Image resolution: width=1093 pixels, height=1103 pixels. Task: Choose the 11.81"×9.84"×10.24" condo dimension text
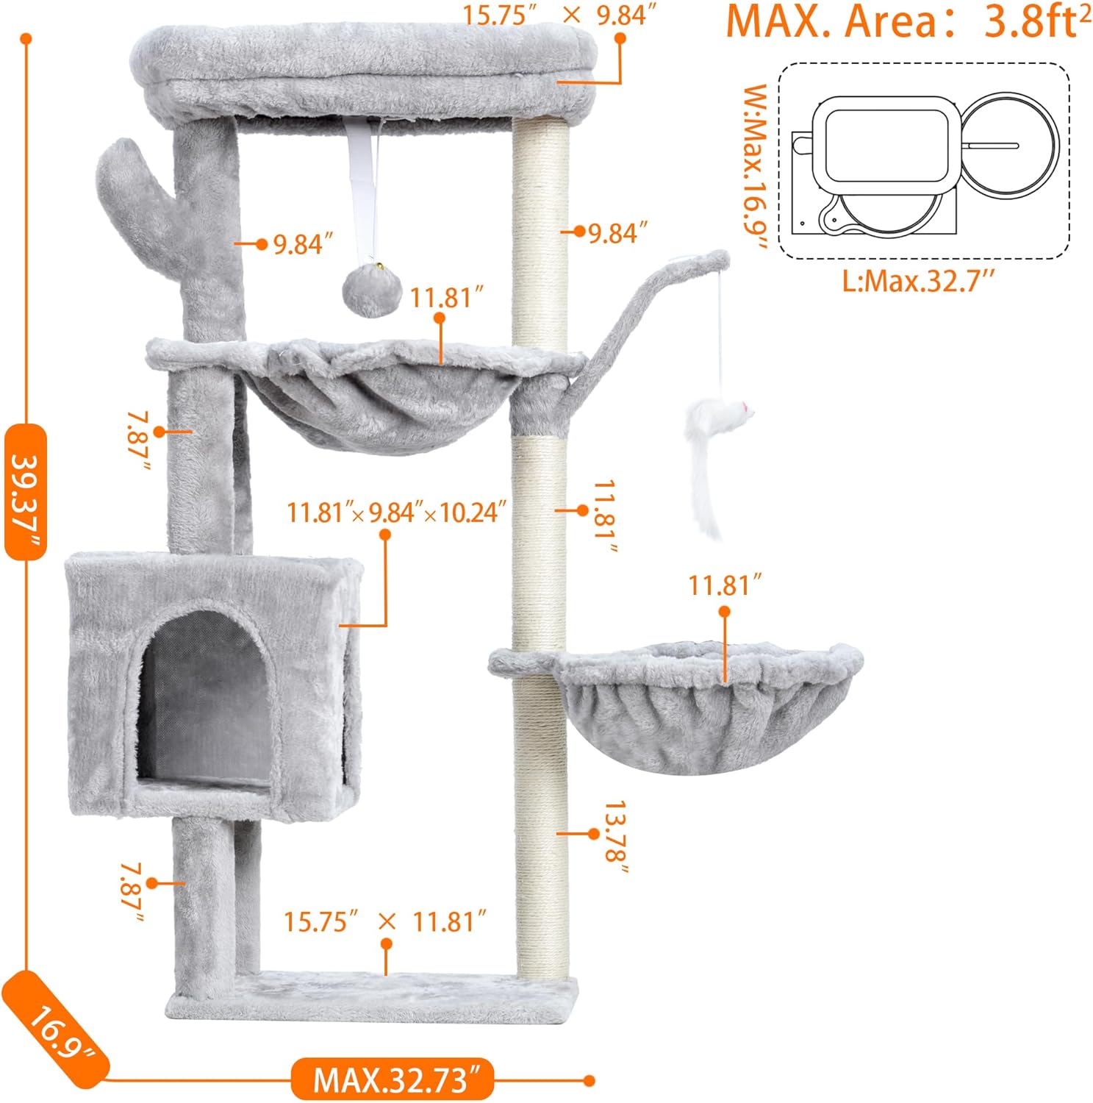(x=397, y=512)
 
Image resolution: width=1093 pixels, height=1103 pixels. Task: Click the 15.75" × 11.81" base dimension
(x=386, y=921)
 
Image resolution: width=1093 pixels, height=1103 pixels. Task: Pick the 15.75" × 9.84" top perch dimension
(x=559, y=15)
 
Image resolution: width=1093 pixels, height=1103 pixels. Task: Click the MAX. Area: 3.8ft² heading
(x=908, y=22)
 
